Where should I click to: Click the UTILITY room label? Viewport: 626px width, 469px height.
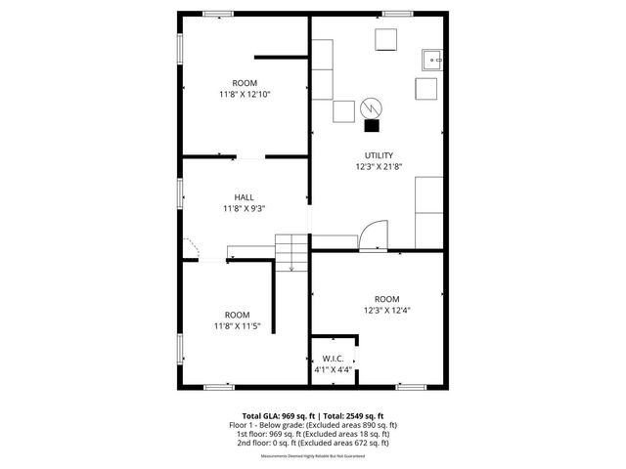379,155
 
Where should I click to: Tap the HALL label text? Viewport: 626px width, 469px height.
244,197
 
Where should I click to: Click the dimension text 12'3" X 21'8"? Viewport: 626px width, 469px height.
379,167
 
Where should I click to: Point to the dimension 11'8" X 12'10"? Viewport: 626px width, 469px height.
244,94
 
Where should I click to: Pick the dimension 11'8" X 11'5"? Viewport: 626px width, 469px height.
237,325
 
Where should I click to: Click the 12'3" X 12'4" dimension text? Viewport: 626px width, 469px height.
386,310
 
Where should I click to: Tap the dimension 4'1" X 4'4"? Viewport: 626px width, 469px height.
334,370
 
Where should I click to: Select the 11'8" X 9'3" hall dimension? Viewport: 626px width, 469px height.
244,208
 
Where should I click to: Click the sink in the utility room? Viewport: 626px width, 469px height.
431,60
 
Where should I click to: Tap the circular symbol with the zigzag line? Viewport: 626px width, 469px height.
372,106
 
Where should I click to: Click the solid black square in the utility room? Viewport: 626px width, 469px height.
372,124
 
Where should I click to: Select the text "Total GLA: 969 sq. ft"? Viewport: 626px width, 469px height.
279,415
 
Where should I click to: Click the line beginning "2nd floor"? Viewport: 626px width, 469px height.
312,443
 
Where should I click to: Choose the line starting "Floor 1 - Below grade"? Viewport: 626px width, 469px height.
312,425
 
